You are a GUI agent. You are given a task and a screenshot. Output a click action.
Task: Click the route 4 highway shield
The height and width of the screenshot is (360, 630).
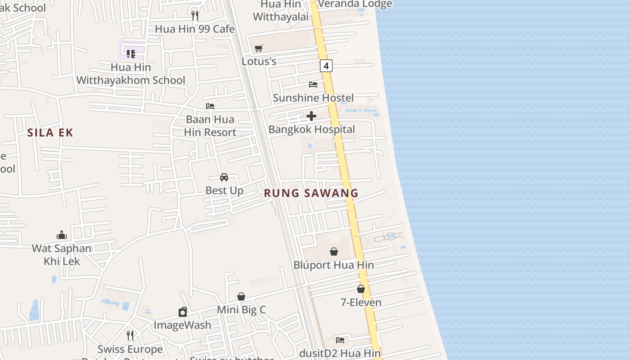coord(326,66)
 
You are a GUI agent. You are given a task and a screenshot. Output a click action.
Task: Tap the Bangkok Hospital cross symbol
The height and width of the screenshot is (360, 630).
coord(311,117)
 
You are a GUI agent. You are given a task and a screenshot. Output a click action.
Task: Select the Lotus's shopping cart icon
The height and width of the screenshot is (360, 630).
coord(259,48)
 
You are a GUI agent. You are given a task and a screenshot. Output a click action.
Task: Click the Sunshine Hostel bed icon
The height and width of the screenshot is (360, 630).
coord(313,85)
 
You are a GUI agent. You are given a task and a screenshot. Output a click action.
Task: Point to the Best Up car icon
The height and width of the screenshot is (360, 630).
coord(224,177)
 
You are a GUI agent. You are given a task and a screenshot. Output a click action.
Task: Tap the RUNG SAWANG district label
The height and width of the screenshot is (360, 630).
coord(311,193)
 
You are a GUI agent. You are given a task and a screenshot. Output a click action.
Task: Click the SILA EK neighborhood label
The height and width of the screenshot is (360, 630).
coord(50,132)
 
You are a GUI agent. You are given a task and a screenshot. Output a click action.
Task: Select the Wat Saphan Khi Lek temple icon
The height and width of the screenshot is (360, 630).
coord(62,235)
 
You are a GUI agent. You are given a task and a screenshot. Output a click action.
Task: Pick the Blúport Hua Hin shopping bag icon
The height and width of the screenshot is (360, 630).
coord(334,252)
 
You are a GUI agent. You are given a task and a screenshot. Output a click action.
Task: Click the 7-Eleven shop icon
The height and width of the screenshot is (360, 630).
coord(361,289)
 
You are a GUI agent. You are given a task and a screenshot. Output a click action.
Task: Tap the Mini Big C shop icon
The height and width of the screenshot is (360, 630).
coord(241,297)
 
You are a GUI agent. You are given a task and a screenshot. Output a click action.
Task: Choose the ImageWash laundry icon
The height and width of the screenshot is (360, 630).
coord(183,312)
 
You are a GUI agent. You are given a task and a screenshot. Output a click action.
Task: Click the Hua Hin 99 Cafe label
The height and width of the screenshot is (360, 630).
coord(195,29)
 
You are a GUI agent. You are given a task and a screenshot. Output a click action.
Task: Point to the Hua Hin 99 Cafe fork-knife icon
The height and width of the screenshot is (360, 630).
coord(195,16)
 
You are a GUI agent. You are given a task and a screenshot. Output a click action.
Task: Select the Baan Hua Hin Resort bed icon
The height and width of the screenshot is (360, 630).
coord(210,106)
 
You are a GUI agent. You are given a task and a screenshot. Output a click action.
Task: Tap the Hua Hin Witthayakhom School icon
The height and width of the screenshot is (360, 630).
coord(131,54)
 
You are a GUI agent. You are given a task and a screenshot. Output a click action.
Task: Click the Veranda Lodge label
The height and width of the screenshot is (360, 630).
coord(355,4)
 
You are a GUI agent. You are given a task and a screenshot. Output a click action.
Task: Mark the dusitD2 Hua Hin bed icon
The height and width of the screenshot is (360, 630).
coord(340,340)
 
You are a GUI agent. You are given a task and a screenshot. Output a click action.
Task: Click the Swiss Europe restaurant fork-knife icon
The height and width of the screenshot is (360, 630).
coord(130,336)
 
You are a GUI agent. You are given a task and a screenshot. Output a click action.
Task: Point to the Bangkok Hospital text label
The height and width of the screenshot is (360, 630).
coord(311,130)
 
